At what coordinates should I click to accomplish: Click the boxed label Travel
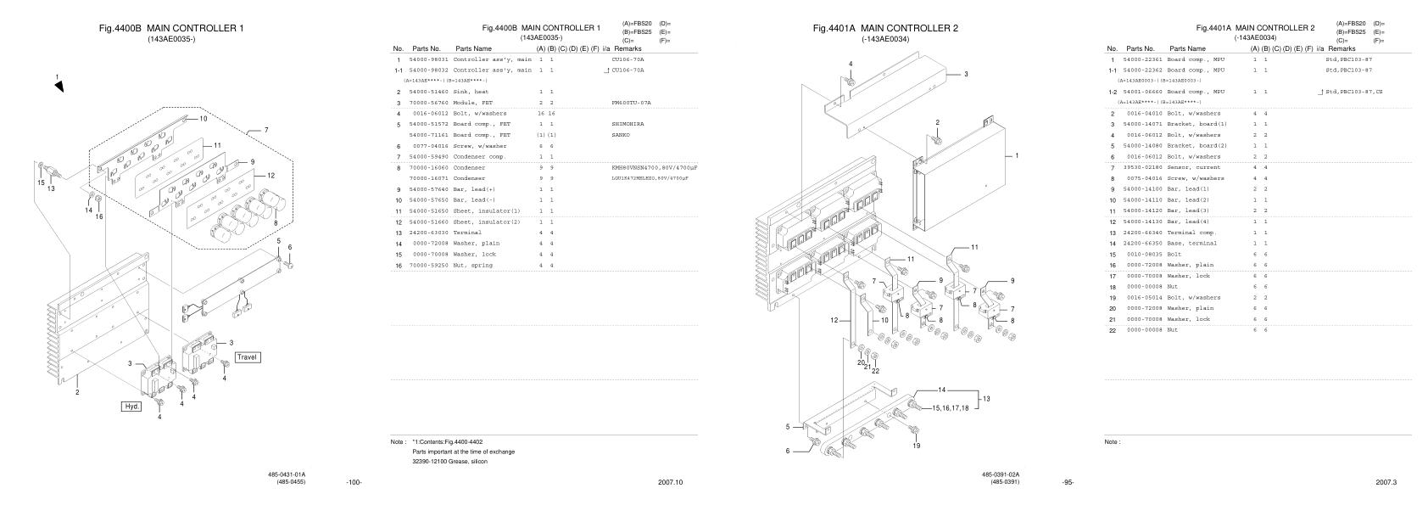pyautogui.click(x=248, y=357)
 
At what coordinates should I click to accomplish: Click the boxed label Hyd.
pyautogui.click(x=132, y=407)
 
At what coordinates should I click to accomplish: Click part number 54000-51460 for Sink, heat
pyautogui.click(x=429, y=92)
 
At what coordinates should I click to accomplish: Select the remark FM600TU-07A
pyautogui.click(x=631, y=103)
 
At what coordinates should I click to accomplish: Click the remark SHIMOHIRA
pyautogui.click(x=628, y=124)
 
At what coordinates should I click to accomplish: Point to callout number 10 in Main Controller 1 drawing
pyautogui.click(x=203, y=120)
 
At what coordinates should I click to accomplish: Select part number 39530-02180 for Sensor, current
pyautogui.click(x=1144, y=168)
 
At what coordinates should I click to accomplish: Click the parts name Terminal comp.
pyautogui.click(x=1192, y=233)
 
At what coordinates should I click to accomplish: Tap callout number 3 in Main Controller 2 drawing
pyautogui.click(x=965, y=75)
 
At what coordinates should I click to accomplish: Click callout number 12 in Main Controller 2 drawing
pyautogui.click(x=834, y=320)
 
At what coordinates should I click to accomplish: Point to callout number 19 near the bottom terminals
pyautogui.click(x=916, y=446)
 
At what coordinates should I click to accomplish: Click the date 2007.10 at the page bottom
pyautogui.click(x=670, y=482)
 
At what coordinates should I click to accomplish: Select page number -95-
pyautogui.click(x=1068, y=482)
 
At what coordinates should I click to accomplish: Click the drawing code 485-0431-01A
pyautogui.click(x=287, y=474)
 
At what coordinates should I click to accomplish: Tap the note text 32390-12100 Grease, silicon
pyautogui.click(x=449, y=462)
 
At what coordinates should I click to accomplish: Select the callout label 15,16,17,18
pyautogui.click(x=950, y=408)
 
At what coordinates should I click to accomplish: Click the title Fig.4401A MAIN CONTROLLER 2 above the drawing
pyautogui.click(x=885, y=29)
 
